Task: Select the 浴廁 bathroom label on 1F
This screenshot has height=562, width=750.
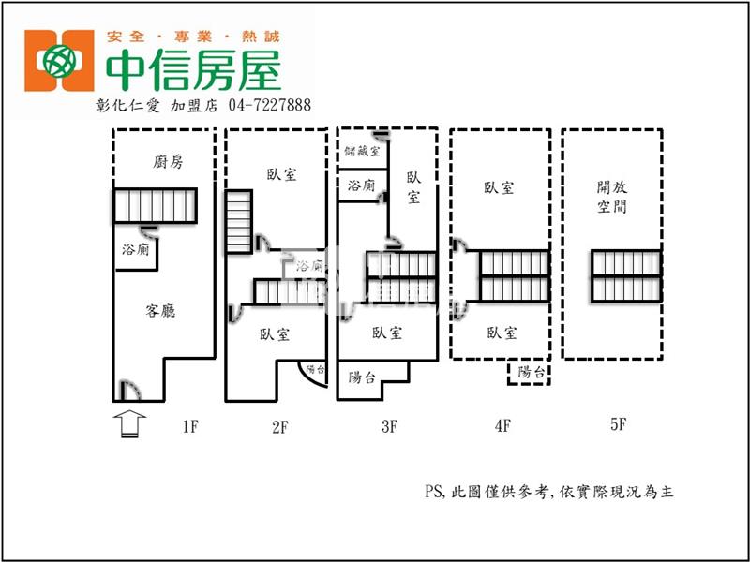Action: pyautogui.click(x=135, y=250)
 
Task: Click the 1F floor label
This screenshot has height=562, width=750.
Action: pyautogui.click(x=189, y=427)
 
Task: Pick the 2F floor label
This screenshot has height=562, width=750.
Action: pyautogui.click(x=279, y=427)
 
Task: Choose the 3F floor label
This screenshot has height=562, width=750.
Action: pyautogui.click(x=390, y=427)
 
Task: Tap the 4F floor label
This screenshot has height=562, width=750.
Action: pyautogui.click(x=502, y=427)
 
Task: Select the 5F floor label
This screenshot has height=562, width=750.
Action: pyautogui.click(x=617, y=424)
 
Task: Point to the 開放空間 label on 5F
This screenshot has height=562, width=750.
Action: pyautogui.click(x=611, y=197)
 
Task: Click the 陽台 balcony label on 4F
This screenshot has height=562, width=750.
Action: pyautogui.click(x=531, y=373)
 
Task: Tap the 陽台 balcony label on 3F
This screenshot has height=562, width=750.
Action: pyautogui.click(x=363, y=378)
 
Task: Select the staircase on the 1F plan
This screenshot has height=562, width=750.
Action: pyautogui.click(x=156, y=206)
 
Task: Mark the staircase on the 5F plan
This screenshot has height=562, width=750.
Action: pyautogui.click(x=625, y=276)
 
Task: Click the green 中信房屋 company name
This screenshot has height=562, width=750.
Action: pyautogui.click(x=193, y=67)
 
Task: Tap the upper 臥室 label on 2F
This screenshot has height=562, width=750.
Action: pyautogui.click(x=281, y=174)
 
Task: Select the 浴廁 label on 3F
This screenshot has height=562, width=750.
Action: pyautogui.click(x=361, y=185)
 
